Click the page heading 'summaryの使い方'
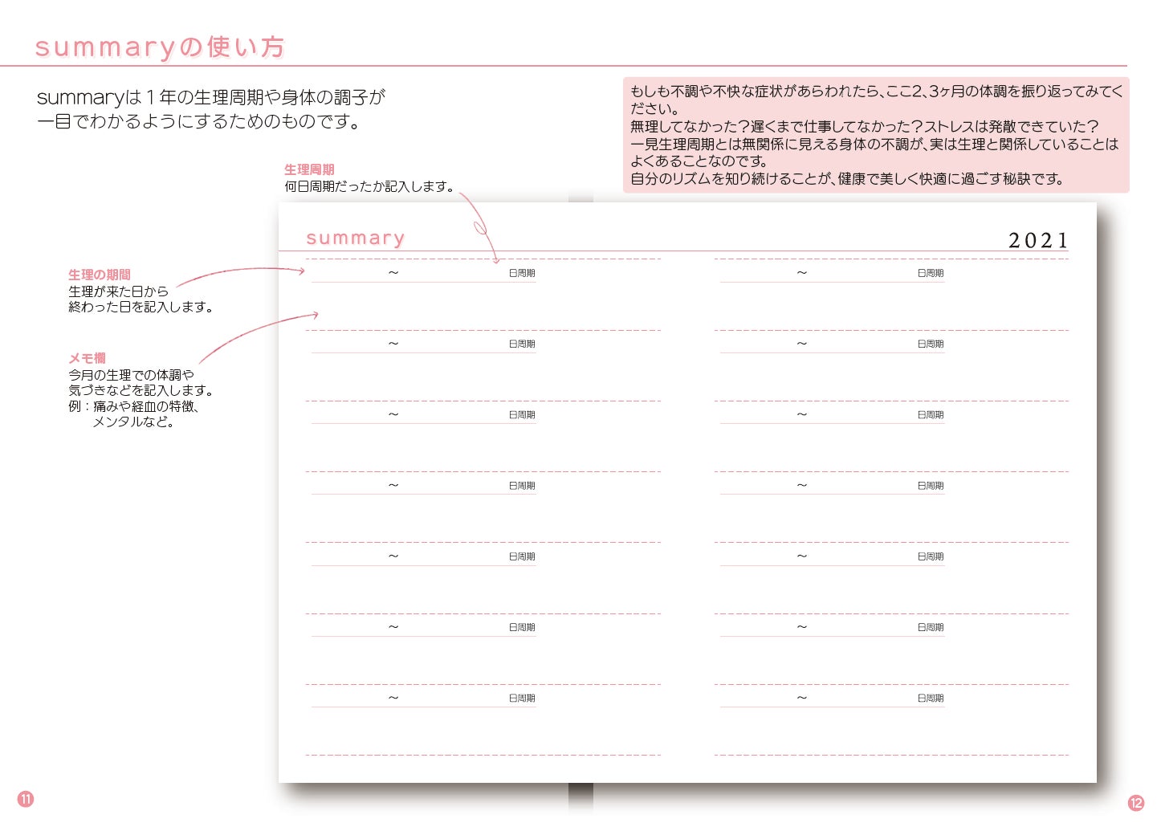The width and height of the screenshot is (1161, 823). point(160,47)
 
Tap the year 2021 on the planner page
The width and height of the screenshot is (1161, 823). point(1037,240)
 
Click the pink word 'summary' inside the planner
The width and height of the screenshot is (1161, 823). point(355,238)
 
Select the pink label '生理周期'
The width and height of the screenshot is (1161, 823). point(309,169)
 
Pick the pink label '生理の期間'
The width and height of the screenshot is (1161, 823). point(100,275)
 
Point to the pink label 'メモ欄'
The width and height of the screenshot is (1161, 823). point(87,358)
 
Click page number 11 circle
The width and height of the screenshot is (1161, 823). point(26,799)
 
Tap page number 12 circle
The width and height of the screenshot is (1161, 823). point(1136,803)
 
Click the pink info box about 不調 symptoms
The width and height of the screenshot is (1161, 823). point(875,135)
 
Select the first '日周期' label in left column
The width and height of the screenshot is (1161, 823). point(522,273)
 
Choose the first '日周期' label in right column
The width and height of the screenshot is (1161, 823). point(931,273)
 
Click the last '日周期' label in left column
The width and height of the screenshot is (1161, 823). point(522,698)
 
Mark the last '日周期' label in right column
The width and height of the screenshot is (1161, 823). point(931,698)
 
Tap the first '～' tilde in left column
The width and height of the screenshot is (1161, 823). point(393,273)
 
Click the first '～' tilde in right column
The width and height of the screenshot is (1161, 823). point(802,273)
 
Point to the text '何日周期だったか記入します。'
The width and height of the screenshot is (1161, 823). point(370,186)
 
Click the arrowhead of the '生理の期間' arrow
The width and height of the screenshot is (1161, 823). point(303,271)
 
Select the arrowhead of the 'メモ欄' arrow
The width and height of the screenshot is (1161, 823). point(316,315)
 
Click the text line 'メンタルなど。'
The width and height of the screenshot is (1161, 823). point(133,422)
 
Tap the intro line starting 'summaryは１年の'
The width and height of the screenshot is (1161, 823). point(211,98)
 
